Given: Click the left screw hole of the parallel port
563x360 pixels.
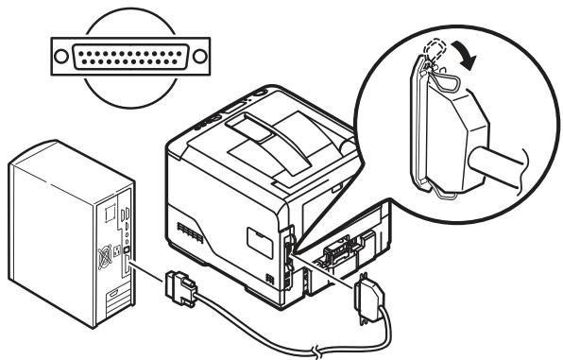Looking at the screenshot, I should [x=60, y=54].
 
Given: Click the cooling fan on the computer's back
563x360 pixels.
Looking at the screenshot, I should [x=108, y=255].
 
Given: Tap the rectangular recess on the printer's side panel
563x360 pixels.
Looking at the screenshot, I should [x=262, y=236].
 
